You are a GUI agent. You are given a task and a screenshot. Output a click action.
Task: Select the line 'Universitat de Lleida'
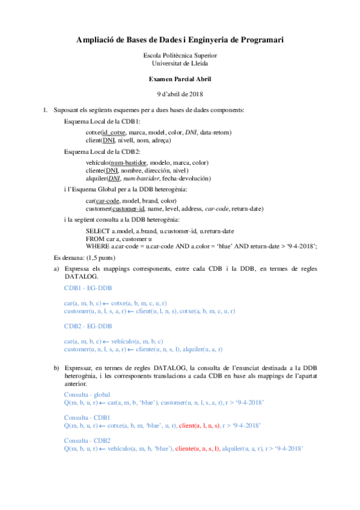click(180, 63)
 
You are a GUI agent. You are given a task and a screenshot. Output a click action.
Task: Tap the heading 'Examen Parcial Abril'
click(180, 79)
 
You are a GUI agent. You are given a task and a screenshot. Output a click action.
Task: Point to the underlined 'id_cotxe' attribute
click(114, 132)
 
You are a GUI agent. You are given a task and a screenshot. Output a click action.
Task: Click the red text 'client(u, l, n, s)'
click(201, 425)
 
